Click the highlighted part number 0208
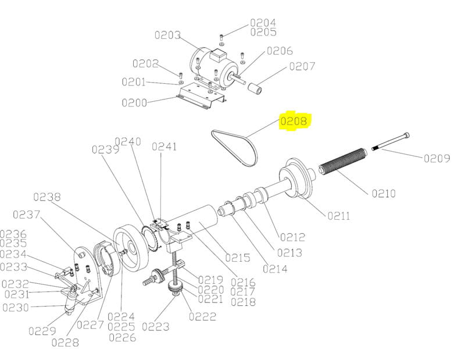(x=294, y=121)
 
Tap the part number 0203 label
(x=168, y=35)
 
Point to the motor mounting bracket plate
(x=201, y=96)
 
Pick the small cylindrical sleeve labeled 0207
(x=255, y=88)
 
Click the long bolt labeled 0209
(x=391, y=141)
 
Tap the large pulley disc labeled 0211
(x=296, y=179)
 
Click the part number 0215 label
(x=238, y=258)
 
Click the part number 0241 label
(x=164, y=147)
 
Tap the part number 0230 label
(x=16, y=308)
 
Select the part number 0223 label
(x=156, y=327)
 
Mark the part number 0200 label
(x=135, y=103)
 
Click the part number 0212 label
(x=293, y=237)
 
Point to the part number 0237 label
(x=26, y=214)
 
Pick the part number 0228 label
(x=65, y=343)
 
